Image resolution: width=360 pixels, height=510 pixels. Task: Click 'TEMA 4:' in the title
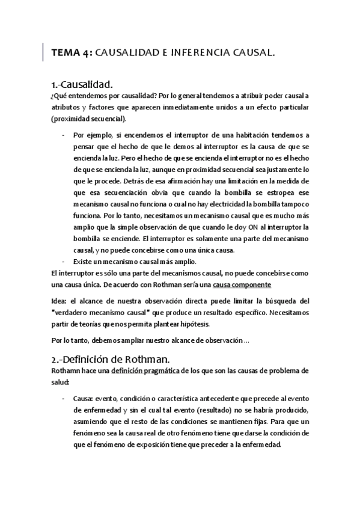pyautogui.click(x=72, y=53)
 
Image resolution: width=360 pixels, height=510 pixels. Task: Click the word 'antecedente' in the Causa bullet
pyautogui.click(x=216, y=399)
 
